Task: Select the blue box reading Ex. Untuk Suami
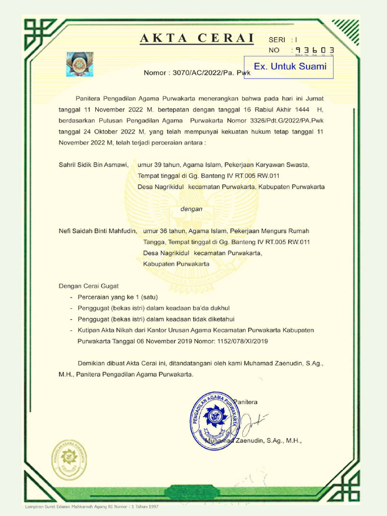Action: click(x=290, y=67)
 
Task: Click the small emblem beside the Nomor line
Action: click(x=79, y=64)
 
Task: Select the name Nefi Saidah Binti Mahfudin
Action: click(x=98, y=231)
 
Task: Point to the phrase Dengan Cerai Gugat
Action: click(x=89, y=286)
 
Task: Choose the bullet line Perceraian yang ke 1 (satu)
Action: click(x=117, y=297)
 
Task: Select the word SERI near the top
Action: click(x=277, y=40)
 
